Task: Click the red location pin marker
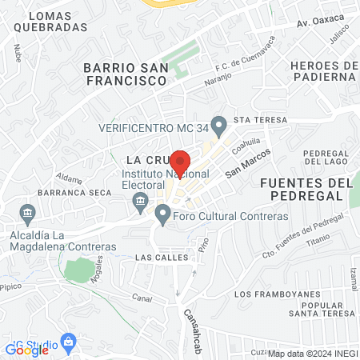point(180,163)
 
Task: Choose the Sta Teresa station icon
point(225,120)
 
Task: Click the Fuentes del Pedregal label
point(306,190)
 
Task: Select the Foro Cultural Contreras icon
point(163,213)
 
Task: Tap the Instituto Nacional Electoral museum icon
point(141,200)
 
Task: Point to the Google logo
point(26,349)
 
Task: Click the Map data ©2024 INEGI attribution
point(311,354)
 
